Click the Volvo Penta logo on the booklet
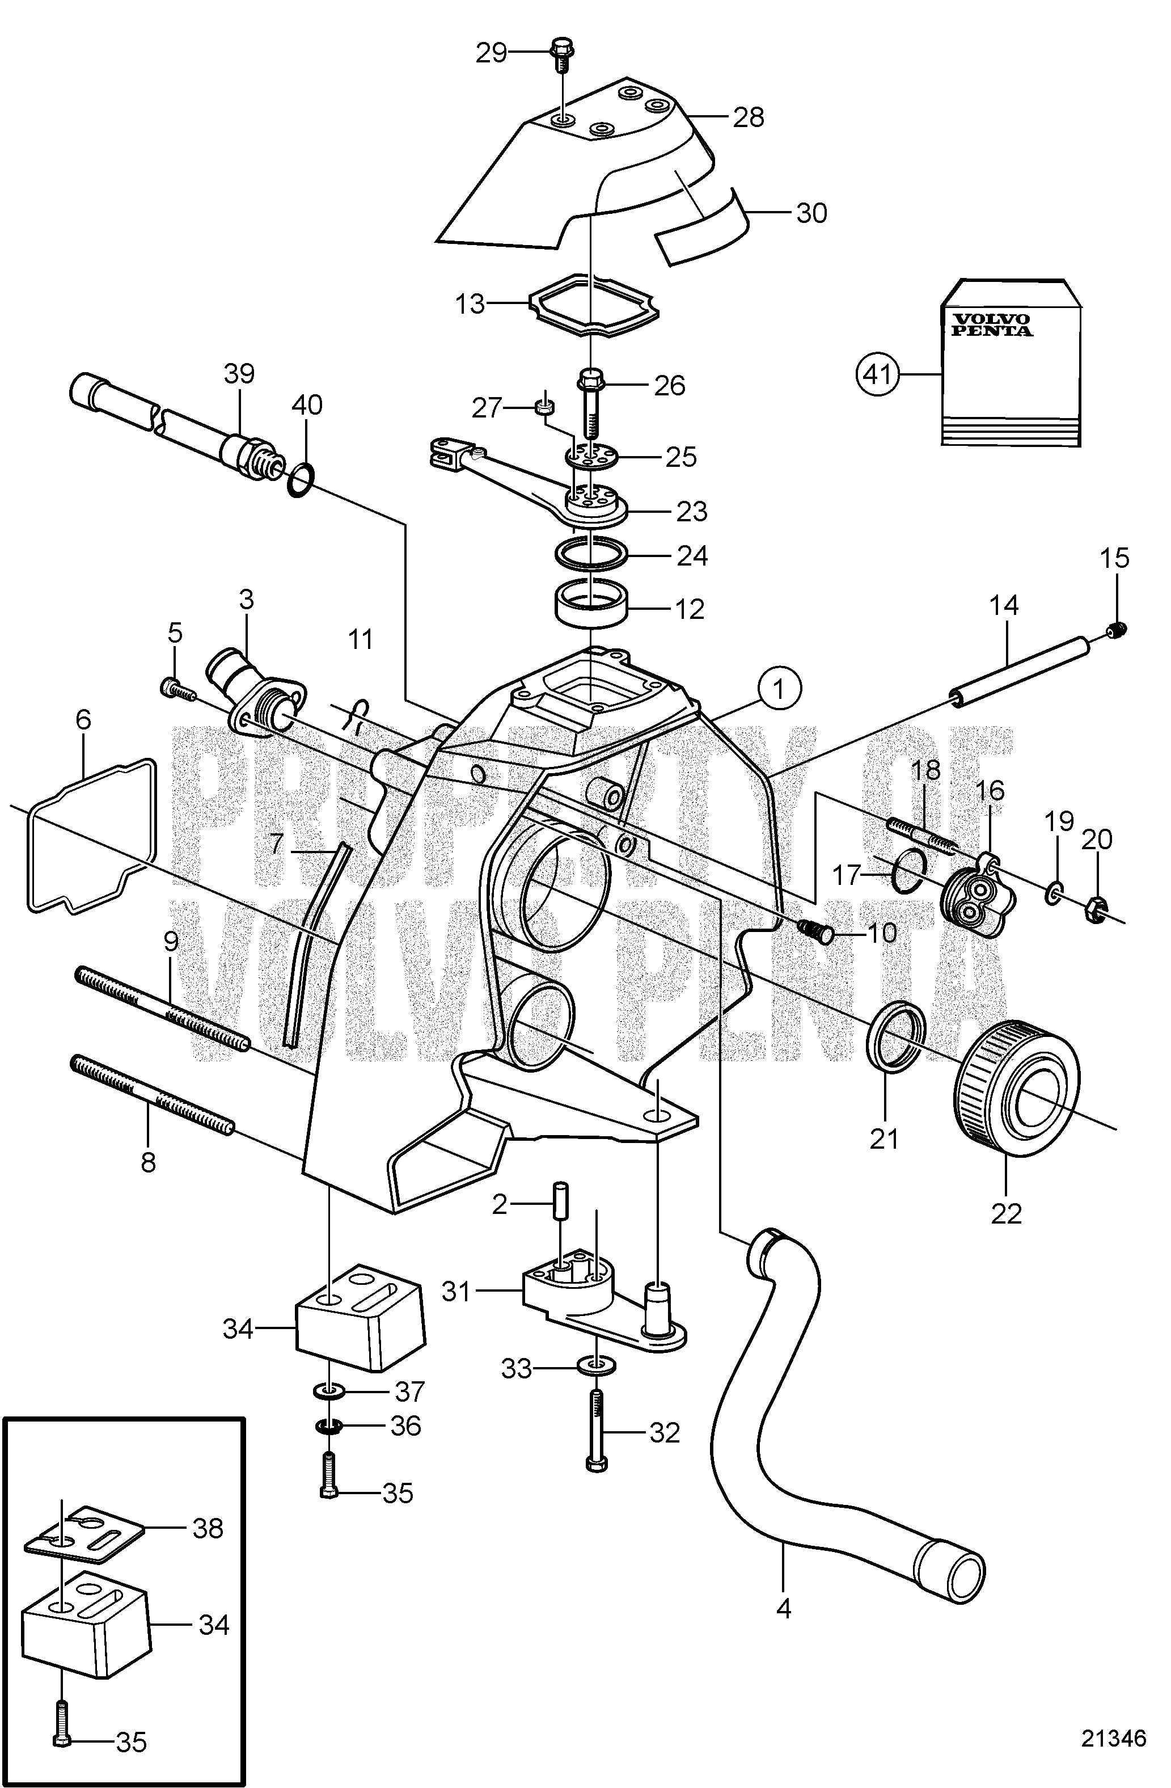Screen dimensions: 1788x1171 point(992,324)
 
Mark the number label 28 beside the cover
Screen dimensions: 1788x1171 point(748,117)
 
